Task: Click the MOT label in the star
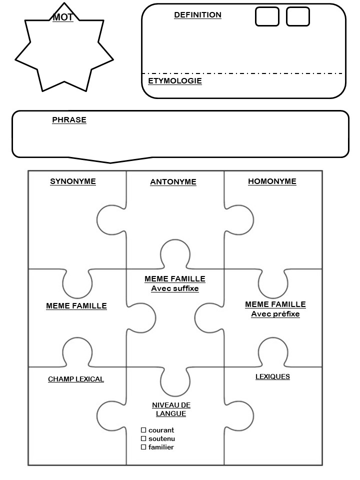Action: click(63, 17)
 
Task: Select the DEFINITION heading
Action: click(197, 15)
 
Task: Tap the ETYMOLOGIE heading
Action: click(175, 81)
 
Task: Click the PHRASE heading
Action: click(69, 120)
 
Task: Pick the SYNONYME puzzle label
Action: click(73, 181)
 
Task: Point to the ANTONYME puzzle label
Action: click(173, 182)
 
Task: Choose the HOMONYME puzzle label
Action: click(272, 181)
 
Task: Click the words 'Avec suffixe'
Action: click(175, 288)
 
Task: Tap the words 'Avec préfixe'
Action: click(275, 314)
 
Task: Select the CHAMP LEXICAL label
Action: click(76, 379)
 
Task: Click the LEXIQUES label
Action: click(272, 376)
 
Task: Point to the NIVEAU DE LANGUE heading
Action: click(171, 409)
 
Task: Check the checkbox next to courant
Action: click(143, 430)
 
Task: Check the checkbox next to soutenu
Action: click(143, 438)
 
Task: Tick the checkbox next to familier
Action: click(143, 447)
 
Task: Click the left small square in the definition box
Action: click(267, 16)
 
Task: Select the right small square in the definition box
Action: click(298, 16)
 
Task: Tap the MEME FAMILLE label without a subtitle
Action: click(76, 306)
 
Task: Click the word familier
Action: click(161, 447)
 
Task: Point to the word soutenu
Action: click(161, 438)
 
